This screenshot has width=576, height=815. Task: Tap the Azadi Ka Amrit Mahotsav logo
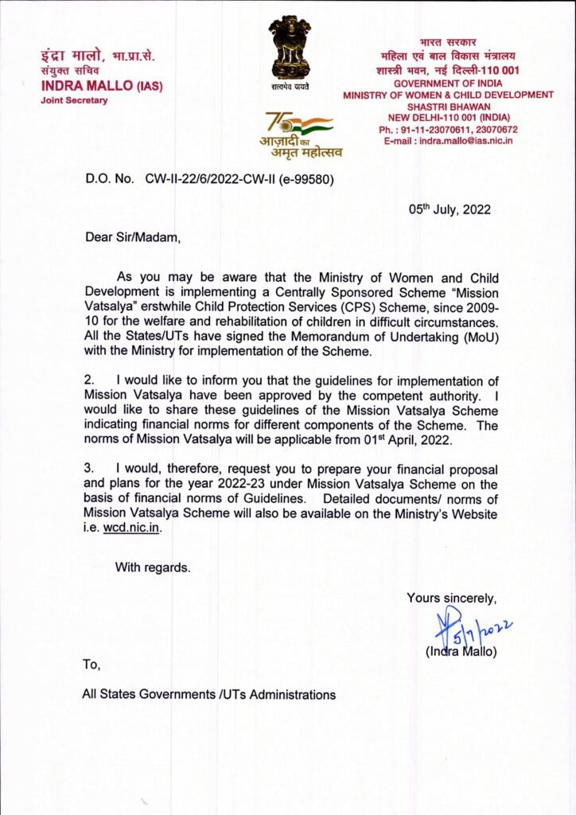(300, 133)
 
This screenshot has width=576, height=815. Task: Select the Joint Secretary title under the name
(74, 100)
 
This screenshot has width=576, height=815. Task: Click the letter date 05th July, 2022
(450, 210)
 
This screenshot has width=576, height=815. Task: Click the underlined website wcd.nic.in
(134, 528)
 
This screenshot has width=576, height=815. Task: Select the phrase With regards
(153, 567)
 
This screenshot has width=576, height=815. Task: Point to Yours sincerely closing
(452, 598)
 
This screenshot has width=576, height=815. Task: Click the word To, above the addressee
(91, 663)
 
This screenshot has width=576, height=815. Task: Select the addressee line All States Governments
(208, 694)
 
